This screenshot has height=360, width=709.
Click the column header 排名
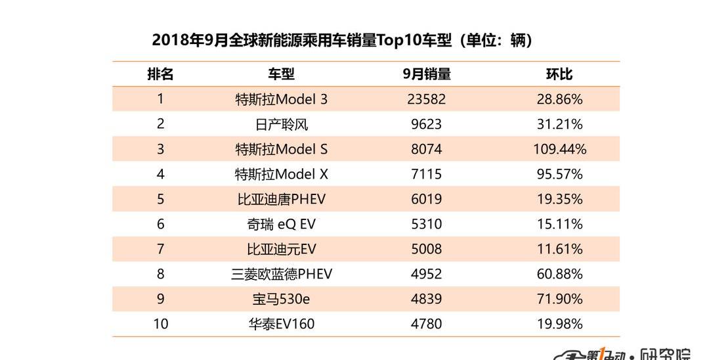coord(160,74)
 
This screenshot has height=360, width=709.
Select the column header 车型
coord(281,74)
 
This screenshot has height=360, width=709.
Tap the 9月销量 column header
coord(427,74)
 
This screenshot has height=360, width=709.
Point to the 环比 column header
coord(559,74)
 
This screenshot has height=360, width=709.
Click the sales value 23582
coord(426,99)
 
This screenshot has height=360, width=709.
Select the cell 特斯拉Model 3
coord(281,99)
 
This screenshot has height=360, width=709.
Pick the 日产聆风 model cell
coord(281,124)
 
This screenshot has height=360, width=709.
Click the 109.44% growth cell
coord(559,149)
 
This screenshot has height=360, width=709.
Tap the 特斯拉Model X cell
coord(281,174)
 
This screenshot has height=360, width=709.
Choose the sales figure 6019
coord(426,199)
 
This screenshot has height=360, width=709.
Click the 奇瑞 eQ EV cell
coord(281,224)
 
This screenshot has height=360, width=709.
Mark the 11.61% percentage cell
coord(559,249)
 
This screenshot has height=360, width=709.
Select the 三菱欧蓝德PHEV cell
coord(281,274)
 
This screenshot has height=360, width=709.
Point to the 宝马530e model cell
coord(281,299)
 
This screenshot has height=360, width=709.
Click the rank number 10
coord(160,324)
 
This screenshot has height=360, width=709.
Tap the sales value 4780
coord(426,324)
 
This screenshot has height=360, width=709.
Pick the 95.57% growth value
coord(559,174)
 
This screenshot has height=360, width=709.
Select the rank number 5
coord(160,199)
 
